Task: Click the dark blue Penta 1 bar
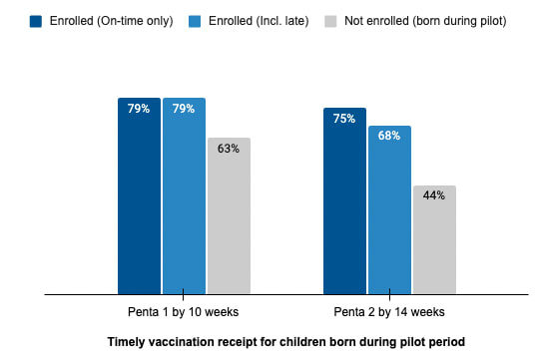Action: pyautogui.click(x=139, y=195)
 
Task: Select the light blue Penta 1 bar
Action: pyautogui.click(x=185, y=195)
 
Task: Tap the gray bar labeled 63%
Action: pyautogui.click(x=229, y=215)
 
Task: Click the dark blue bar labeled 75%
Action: pyautogui.click(x=344, y=201)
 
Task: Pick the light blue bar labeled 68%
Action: pyautogui.click(x=390, y=209)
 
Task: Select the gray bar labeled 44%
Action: pyautogui.click(x=434, y=239)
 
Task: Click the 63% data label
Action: pyautogui.click(x=229, y=149)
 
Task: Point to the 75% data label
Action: pyautogui.click(x=344, y=119)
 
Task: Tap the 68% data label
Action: pyautogui.click(x=389, y=136)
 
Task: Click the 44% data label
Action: pyautogui.click(x=434, y=195)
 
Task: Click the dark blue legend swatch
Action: pyautogui.click(x=36, y=21)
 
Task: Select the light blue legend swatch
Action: pyautogui.click(x=195, y=21)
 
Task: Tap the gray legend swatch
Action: pyautogui.click(x=330, y=21)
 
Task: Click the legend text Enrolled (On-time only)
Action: pyautogui.click(x=112, y=21)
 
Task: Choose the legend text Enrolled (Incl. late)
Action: pyautogui.click(x=259, y=21)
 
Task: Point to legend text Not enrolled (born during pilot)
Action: pyautogui.click(x=425, y=21)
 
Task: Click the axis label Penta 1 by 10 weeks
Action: pyautogui.click(x=184, y=312)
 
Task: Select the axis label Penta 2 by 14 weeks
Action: pyautogui.click(x=389, y=312)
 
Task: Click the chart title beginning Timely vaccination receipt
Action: pyautogui.click(x=286, y=342)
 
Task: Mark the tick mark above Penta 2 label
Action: pyautogui.click(x=389, y=295)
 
